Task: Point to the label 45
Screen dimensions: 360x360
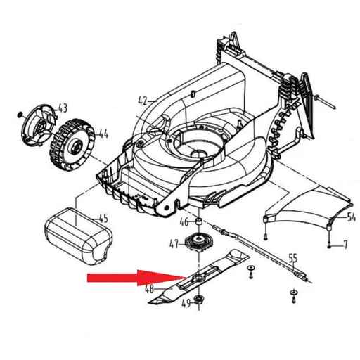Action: click(103, 217)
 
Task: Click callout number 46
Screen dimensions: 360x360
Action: click(184, 223)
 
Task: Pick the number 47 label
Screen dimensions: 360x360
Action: click(173, 244)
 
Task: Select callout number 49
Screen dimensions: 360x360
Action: click(186, 304)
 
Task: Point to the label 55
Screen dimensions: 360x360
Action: click(293, 257)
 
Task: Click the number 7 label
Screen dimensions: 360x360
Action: click(345, 245)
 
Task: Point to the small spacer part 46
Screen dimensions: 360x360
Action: click(198, 223)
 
